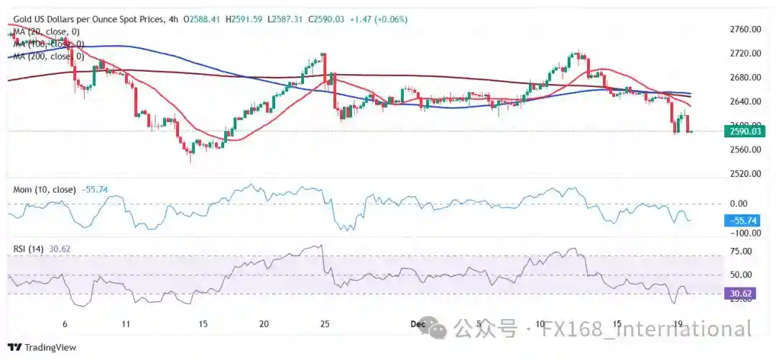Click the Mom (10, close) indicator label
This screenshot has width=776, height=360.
tap(43, 190)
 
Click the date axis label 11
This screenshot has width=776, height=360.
tap(126, 325)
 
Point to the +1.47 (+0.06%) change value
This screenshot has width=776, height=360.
tap(379, 19)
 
